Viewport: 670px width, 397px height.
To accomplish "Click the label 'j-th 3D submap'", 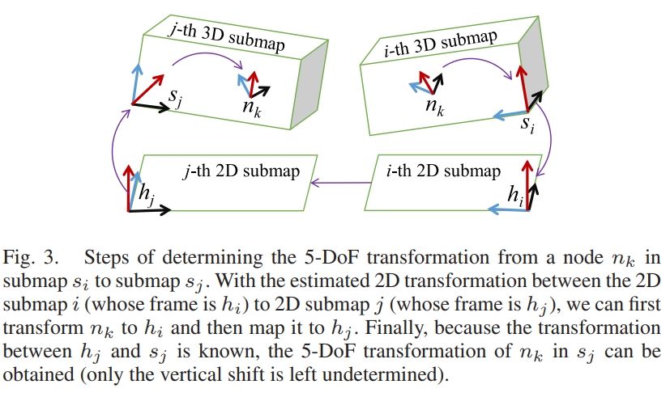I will [226, 36].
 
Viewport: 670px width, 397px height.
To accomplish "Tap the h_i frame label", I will [514, 193].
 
